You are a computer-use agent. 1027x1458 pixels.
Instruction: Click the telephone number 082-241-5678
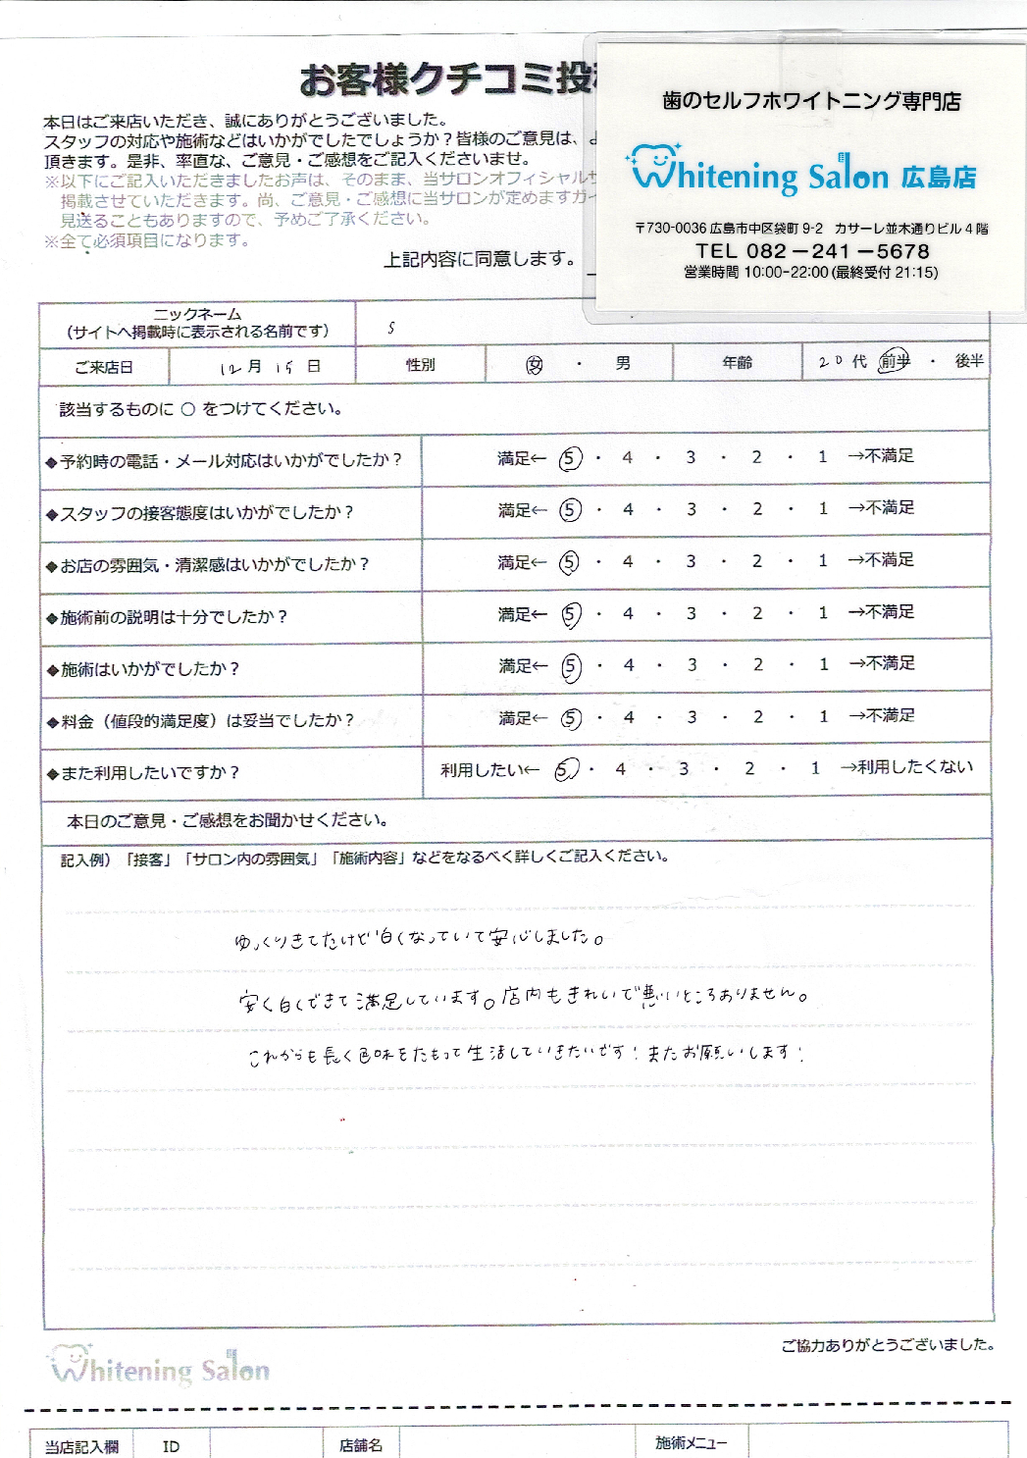(812, 251)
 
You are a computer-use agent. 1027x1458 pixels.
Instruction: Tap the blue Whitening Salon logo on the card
(802, 173)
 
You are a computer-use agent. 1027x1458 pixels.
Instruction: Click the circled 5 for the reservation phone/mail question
(570, 458)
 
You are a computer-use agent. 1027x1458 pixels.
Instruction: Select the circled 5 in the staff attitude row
(570, 510)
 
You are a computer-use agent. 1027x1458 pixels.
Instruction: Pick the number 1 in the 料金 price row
(824, 716)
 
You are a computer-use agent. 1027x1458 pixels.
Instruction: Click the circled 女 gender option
(535, 365)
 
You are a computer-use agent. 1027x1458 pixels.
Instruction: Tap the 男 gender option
(623, 364)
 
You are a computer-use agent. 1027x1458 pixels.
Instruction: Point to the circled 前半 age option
(895, 361)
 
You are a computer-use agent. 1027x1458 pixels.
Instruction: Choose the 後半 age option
(969, 361)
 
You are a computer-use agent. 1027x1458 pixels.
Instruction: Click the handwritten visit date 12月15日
(270, 367)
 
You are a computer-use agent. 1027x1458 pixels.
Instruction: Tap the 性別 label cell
(420, 365)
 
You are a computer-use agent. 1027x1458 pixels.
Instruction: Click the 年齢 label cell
(737, 363)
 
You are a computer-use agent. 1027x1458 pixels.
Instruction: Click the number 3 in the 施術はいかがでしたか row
(693, 664)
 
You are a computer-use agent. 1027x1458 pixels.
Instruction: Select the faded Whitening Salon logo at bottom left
(160, 1364)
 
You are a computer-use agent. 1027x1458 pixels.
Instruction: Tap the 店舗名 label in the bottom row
(360, 1445)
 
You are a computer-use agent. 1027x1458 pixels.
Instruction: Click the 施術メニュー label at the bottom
(692, 1443)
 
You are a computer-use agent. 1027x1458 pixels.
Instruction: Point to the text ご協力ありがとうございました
(887, 1345)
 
